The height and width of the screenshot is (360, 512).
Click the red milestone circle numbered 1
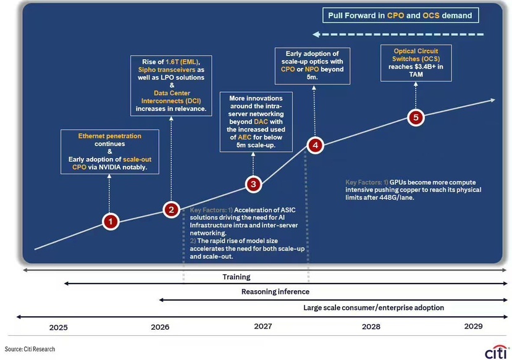pos(111,222)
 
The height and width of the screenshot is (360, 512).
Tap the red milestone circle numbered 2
pos(171,209)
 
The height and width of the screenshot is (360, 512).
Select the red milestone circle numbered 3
pos(253,184)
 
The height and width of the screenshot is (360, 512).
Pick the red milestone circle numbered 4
pos(315,145)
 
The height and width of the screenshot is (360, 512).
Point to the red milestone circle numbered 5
pos(416,117)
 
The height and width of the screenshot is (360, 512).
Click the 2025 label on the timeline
pos(59,327)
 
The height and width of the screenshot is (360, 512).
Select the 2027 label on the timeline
pos(263,326)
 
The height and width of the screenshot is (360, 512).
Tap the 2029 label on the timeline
pos(473,326)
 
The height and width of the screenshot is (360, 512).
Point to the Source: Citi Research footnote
pos(30,349)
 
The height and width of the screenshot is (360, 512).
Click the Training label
pos(237,277)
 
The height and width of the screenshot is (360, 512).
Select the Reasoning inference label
pos(275,291)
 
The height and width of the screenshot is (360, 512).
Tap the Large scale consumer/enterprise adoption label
pos(374,308)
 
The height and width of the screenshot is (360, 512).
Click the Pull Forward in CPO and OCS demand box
pos(400,15)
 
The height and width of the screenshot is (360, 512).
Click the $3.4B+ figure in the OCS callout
pos(426,67)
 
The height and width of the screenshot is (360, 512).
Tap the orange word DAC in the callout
pos(261,122)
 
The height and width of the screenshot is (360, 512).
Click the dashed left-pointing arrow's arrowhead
pos(316,34)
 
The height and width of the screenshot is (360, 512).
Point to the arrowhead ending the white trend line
pos(492,100)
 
